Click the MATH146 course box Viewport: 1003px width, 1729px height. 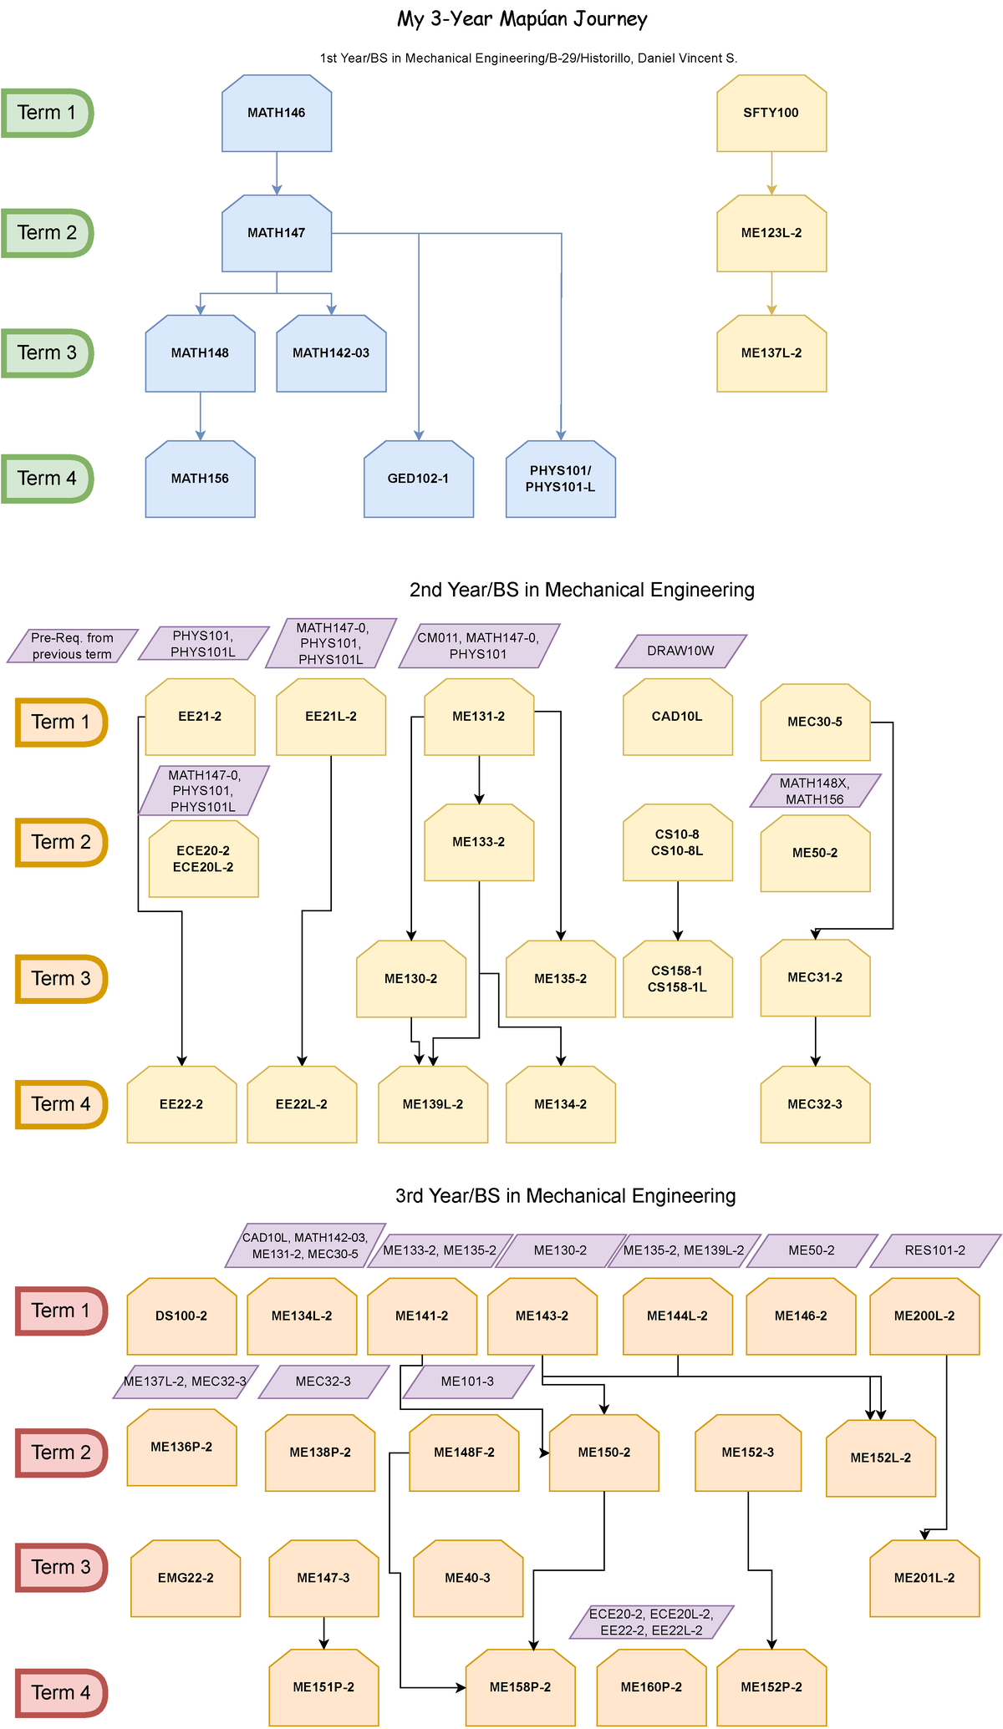[277, 114]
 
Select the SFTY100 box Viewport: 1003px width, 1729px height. [771, 114]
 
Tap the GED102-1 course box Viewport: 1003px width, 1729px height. [419, 479]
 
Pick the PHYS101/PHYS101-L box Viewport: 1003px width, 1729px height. [561, 479]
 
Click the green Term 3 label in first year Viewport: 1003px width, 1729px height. [47, 353]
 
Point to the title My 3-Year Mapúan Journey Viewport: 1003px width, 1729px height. [522, 19]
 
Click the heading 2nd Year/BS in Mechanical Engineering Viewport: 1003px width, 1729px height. [582, 591]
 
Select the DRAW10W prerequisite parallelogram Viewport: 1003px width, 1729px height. [681, 652]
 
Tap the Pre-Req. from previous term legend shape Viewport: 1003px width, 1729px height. [73, 646]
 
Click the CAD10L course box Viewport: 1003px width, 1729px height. [678, 717]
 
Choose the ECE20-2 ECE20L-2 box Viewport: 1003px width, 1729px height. [203, 859]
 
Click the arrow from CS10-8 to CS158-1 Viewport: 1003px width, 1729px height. [678, 910]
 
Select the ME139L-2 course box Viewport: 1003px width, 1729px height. [433, 1105]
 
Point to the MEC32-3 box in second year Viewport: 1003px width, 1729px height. [815, 1105]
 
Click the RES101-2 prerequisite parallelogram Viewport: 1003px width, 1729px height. [935, 1251]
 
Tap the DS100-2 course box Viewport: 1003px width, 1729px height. [181, 1316]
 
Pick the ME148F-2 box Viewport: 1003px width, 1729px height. [464, 1453]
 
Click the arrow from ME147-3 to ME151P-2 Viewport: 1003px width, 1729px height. [324, 1632]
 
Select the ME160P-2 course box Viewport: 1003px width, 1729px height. [651, 1688]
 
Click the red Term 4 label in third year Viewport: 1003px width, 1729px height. [61, 1693]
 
